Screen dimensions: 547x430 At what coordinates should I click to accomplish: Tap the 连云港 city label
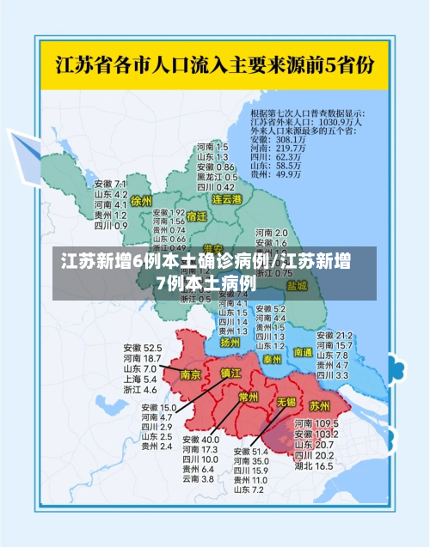click(227, 199)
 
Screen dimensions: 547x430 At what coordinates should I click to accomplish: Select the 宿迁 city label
click(196, 216)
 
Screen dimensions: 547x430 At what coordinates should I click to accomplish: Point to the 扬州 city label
click(230, 342)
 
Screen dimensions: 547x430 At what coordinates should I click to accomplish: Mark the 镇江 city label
click(231, 374)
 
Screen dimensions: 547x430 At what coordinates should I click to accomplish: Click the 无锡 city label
click(286, 402)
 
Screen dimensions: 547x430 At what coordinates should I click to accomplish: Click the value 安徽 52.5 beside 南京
click(142, 348)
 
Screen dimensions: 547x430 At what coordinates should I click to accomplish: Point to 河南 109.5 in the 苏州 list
click(314, 424)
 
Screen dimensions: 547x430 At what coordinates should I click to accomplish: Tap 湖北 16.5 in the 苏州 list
click(314, 466)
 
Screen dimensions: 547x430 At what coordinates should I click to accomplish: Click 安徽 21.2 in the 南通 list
click(335, 335)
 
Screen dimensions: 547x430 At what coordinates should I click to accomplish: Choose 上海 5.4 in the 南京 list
click(139, 379)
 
